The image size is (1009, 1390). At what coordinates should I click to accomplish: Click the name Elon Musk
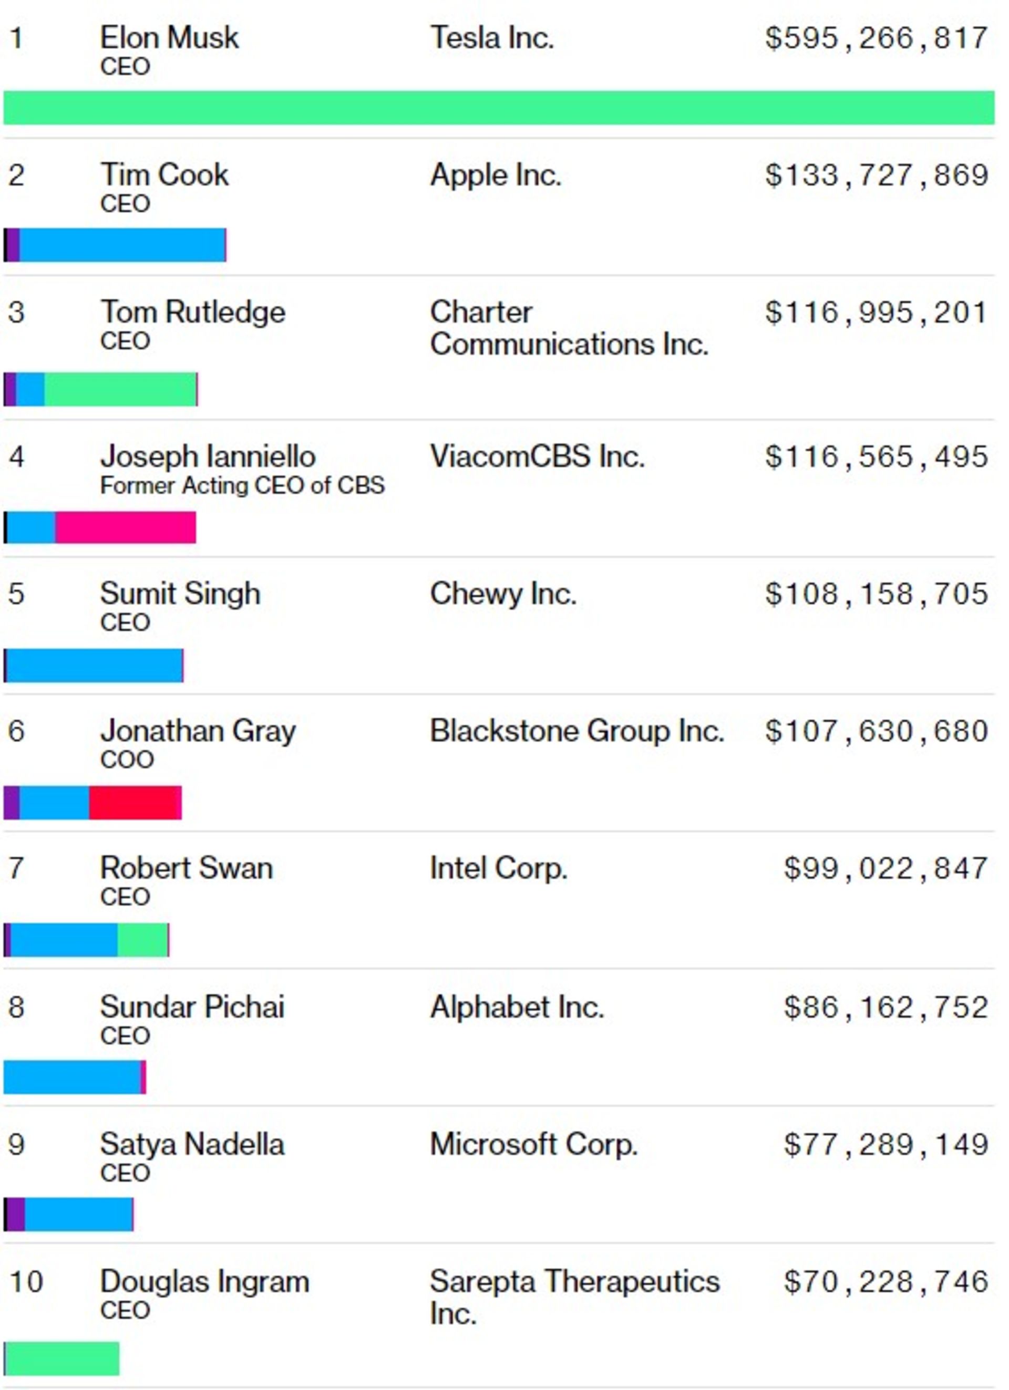(x=169, y=38)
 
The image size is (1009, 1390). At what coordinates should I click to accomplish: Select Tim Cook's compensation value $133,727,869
(x=876, y=175)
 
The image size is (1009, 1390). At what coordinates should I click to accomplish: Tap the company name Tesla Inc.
(x=492, y=38)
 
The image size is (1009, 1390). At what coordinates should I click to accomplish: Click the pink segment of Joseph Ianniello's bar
(x=126, y=527)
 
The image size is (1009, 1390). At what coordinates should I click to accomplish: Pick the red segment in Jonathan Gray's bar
(x=135, y=802)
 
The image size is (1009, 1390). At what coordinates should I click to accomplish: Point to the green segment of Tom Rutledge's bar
(x=120, y=389)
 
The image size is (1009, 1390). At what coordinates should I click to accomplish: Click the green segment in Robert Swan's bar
(x=142, y=940)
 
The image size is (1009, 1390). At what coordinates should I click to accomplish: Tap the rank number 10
(x=26, y=1282)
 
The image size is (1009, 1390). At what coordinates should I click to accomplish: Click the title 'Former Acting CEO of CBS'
(x=242, y=485)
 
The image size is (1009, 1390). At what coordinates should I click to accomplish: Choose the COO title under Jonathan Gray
(x=126, y=760)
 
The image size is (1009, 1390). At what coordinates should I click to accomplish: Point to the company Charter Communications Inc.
(x=569, y=328)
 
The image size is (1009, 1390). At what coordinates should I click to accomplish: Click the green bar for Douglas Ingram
(x=61, y=1358)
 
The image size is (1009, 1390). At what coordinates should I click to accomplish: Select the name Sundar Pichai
(x=192, y=1007)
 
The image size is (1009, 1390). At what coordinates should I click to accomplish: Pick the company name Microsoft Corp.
(x=533, y=1144)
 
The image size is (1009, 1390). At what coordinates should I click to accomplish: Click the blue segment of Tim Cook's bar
(x=122, y=245)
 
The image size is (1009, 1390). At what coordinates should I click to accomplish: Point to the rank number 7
(x=16, y=868)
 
